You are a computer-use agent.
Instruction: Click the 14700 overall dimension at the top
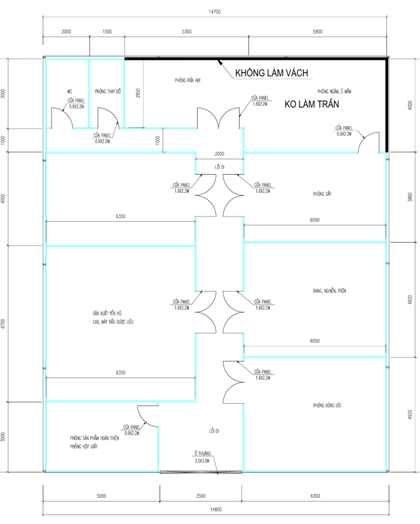(x=214, y=12)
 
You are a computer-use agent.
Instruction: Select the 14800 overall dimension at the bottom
(x=216, y=510)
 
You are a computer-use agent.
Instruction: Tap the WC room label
(x=69, y=91)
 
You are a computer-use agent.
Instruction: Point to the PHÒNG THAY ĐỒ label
(x=108, y=91)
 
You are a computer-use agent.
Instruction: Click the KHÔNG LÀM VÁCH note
(x=271, y=73)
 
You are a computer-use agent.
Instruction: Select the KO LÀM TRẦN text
(x=312, y=104)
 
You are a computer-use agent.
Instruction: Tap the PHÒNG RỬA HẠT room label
(x=188, y=80)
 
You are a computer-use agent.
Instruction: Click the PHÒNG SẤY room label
(x=322, y=194)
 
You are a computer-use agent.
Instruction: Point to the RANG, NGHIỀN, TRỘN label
(x=330, y=291)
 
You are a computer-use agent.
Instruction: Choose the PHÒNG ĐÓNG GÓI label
(x=327, y=405)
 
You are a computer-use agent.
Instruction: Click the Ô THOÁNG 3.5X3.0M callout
(x=202, y=457)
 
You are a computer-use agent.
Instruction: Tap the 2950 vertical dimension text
(x=138, y=93)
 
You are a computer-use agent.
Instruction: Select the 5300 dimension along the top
(x=187, y=32)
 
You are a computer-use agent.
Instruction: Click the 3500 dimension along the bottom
(x=201, y=496)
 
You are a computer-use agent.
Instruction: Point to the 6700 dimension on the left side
(x=3, y=323)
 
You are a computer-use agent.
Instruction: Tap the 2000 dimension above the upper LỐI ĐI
(x=219, y=154)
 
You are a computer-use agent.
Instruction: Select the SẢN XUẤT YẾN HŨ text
(x=107, y=313)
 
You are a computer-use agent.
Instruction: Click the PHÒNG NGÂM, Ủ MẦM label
(x=334, y=91)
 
